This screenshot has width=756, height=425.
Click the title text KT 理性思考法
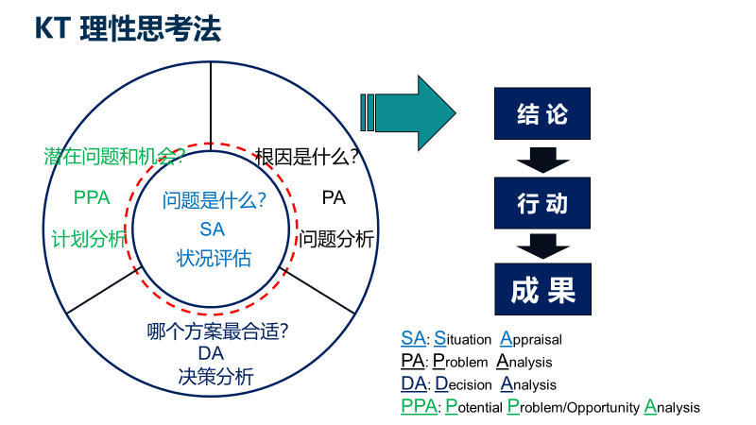129,29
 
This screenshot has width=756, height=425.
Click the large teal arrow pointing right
408,113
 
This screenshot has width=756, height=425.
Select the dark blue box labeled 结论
542,113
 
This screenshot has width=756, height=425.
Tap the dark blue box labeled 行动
542,203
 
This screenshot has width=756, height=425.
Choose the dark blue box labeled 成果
542,289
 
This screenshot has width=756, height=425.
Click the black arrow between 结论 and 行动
542,160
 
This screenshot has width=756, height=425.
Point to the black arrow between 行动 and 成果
542,246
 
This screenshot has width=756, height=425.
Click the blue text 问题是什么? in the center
215,200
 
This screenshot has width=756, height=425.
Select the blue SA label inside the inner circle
212,229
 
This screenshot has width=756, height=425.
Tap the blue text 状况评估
214,258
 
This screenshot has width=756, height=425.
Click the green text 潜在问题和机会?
114,156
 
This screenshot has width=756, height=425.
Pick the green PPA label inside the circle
92,197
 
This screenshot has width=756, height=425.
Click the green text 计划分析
89,239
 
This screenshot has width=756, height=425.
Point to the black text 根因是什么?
306,157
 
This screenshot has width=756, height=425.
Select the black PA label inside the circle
334,197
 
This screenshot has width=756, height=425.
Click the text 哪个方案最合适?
218,331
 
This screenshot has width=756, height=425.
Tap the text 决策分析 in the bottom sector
216,377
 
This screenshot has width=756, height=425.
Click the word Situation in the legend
462,339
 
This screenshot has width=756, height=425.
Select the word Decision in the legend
463,384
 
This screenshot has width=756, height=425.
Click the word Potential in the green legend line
474,407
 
